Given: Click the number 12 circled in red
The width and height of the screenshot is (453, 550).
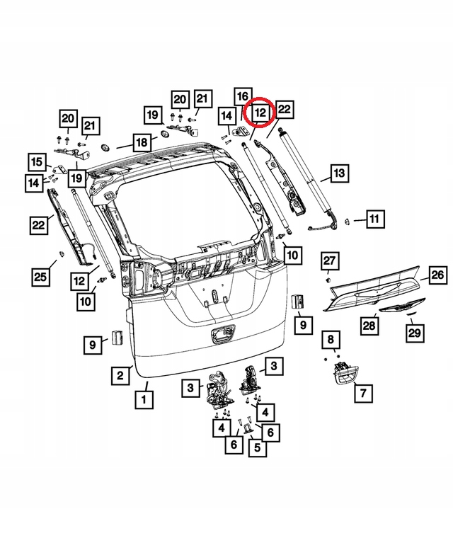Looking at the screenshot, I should pos(260,112).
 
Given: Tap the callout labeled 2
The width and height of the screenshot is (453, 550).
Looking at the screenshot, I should pos(121,375).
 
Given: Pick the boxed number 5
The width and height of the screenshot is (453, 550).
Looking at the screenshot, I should pos(256,447).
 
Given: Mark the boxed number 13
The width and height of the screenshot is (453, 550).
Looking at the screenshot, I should pos(338,173).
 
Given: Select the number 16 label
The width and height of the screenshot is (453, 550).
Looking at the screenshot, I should pos(241,96).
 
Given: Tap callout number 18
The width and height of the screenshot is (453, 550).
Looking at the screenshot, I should pos(142,142).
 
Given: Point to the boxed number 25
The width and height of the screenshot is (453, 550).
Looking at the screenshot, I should pos(41,276).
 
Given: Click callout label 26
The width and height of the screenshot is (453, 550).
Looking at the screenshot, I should pos(437,274).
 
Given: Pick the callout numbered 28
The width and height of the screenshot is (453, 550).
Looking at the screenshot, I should pos(369,325).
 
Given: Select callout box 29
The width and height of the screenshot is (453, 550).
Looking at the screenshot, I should pos(414,331).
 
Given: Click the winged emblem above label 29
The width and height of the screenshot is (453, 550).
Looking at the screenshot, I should pos(401,308).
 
